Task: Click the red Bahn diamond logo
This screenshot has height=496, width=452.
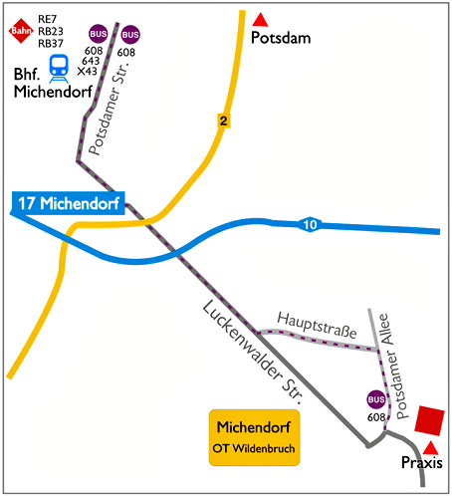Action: click(x=19, y=32)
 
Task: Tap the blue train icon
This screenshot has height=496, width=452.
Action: click(x=60, y=66)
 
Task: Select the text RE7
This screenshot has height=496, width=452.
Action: click(x=47, y=19)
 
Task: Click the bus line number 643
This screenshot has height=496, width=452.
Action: click(x=91, y=61)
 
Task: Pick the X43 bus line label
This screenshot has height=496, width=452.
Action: click(x=89, y=71)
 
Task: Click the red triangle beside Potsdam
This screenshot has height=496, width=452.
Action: click(x=260, y=19)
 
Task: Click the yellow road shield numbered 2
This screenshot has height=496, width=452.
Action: click(x=225, y=121)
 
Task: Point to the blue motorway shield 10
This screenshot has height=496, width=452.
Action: click(x=312, y=226)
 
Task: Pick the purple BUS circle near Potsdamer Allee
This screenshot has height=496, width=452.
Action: click(x=376, y=400)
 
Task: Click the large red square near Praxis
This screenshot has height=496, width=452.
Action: click(x=430, y=419)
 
